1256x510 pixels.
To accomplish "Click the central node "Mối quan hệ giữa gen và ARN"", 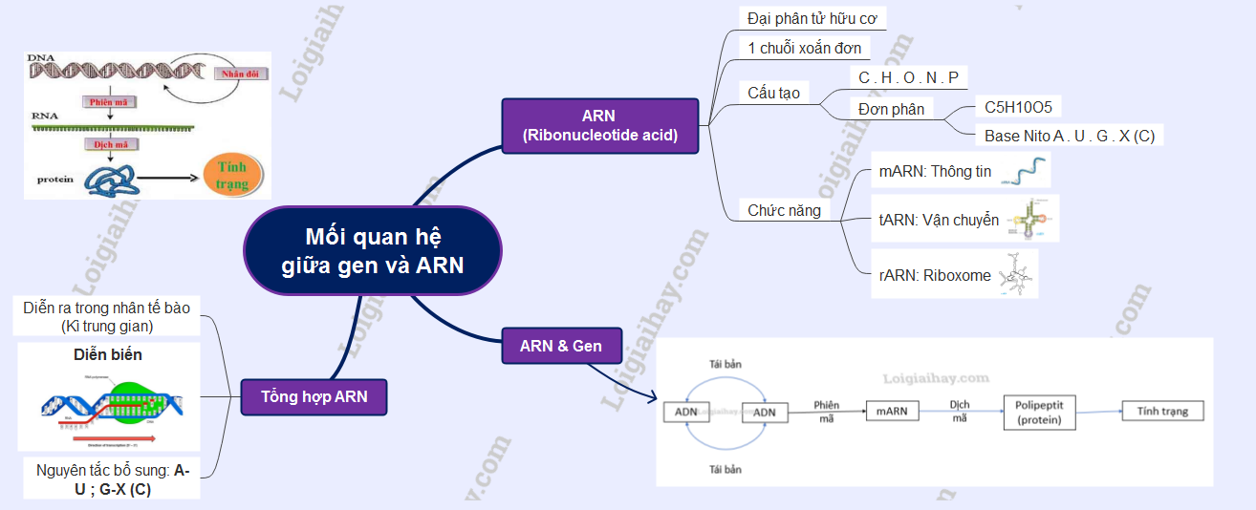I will tap(373, 250).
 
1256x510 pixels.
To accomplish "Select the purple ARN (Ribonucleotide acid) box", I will tap(600, 125).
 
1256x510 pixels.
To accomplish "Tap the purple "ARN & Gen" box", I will tap(561, 346).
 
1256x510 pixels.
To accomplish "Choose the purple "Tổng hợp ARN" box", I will tap(314, 396).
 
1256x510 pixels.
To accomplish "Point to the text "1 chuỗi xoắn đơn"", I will tap(804, 48).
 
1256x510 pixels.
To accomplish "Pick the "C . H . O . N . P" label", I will tap(908, 77).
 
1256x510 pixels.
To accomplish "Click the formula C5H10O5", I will tap(1018, 107).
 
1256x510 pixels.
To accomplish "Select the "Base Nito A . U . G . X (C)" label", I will tap(1069, 136).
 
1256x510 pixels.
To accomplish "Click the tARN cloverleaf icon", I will tap(1033, 219).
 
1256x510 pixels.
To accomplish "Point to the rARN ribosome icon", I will tap(1016, 274).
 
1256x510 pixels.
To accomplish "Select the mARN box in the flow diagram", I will tap(892, 411).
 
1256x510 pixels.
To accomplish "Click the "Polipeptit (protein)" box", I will tap(1040, 412).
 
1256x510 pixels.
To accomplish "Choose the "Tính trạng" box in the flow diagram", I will tap(1162, 411).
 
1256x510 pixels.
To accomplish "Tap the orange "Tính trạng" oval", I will tap(231, 176).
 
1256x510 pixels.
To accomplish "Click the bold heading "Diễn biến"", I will tap(108, 354).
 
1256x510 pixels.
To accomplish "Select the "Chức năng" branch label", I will tap(784, 210).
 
